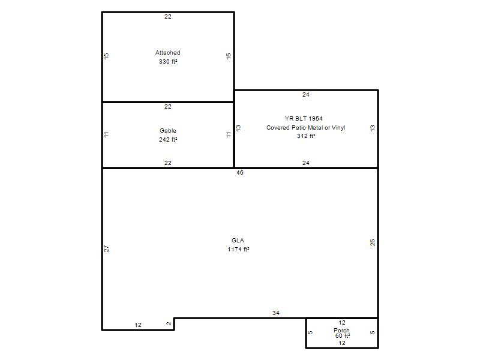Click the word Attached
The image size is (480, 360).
pyautogui.click(x=168, y=53)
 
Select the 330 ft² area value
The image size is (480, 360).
pyautogui.click(x=168, y=62)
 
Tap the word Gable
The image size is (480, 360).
pyautogui.click(x=168, y=131)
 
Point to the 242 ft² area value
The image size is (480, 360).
pyautogui.click(x=168, y=140)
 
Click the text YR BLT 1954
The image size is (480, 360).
pyautogui.click(x=304, y=118)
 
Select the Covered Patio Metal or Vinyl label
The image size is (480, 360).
pyautogui.click(x=306, y=128)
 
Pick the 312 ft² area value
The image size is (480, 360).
pyautogui.click(x=306, y=136)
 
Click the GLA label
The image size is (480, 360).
pyautogui.click(x=238, y=241)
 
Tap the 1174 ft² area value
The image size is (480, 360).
pyautogui.click(x=238, y=250)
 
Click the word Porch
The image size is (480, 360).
pyautogui.click(x=341, y=331)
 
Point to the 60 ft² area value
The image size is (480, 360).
pyautogui.click(x=343, y=336)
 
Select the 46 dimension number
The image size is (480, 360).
pyautogui.click(x=239, y=173)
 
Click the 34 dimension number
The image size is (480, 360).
pyautogui.click(x=276, y=313)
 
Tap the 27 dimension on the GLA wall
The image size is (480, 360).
pyautogui.click(x=107, y=249)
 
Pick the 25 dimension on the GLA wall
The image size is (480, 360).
pyautogui.click(x=373, y=243)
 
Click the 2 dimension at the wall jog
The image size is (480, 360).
pyautogui.click(x=169, y=324)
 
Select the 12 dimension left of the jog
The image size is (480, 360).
pyautogui.click(x=138, y=325)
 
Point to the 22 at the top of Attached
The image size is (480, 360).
pyautogui.click(x=168, y=17)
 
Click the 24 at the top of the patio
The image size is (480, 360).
pyautogui.click(x=306, y=95)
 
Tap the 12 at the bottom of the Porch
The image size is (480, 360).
pyautogui.click(x=342, y=343)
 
